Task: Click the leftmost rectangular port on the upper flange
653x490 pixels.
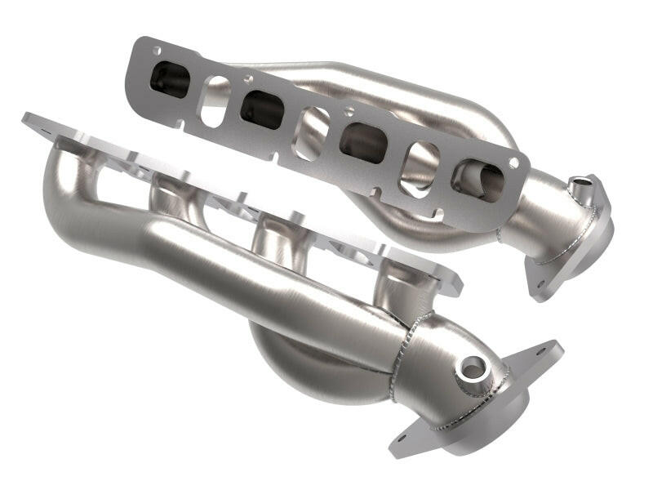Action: (x=170, y=79)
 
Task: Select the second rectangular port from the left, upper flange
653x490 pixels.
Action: (x=262, y=109)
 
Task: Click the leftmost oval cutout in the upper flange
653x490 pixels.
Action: (x=214, y=100)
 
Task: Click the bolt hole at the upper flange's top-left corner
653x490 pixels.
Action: (x=155, y=51)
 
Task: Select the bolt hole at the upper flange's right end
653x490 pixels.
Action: (x=513, y=163)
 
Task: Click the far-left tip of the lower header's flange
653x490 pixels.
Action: (x=28, y=118)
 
